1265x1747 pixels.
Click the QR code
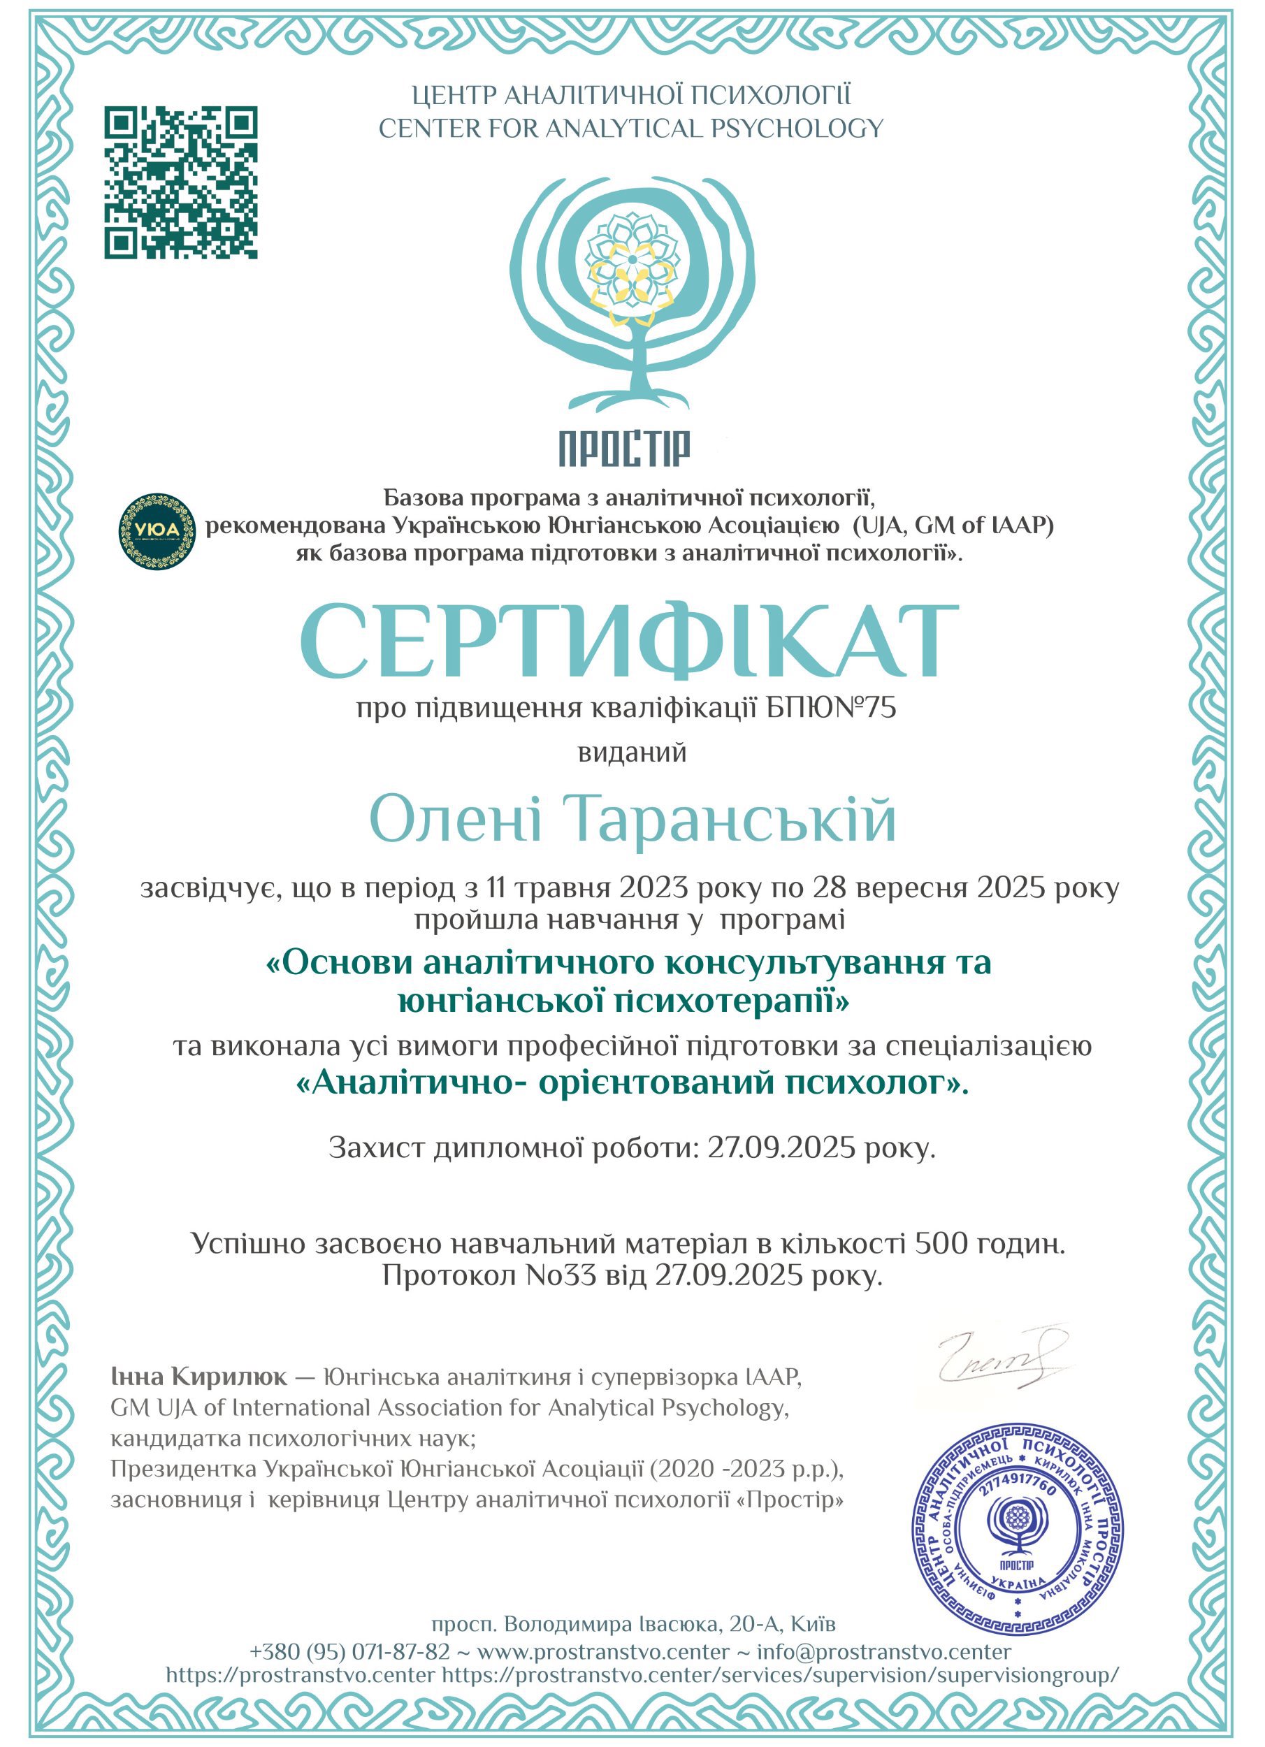coord(181,182)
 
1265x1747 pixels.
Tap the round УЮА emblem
coord(157,532)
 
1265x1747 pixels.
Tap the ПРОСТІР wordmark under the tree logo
coord(625,449)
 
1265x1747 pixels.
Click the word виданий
coord(632,753)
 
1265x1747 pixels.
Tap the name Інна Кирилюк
coord(198,1377)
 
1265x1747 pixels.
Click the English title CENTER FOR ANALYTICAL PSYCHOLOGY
coord(630,129)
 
